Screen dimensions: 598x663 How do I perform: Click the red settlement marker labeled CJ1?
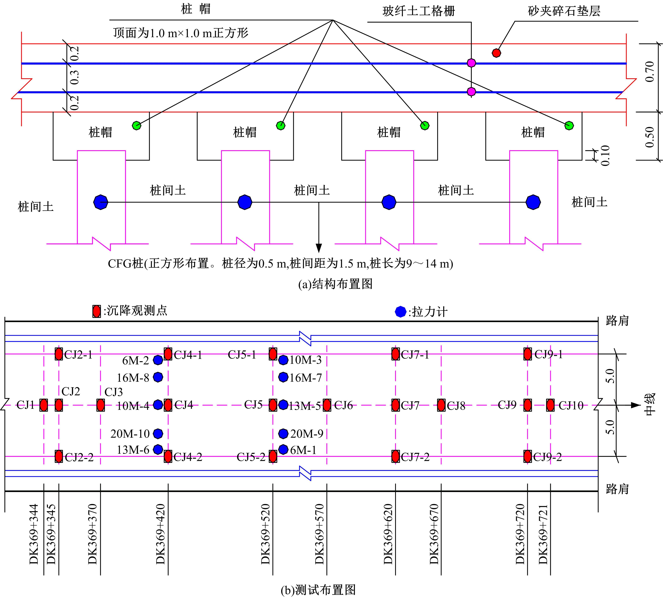pos(44,405)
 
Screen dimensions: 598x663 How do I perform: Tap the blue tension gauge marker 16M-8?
pos(158,377)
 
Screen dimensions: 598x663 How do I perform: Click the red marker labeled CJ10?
pos(550,405)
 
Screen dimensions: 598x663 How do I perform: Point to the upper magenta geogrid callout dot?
pos(471,63)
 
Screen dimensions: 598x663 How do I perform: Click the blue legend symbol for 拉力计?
pos(400,311)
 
